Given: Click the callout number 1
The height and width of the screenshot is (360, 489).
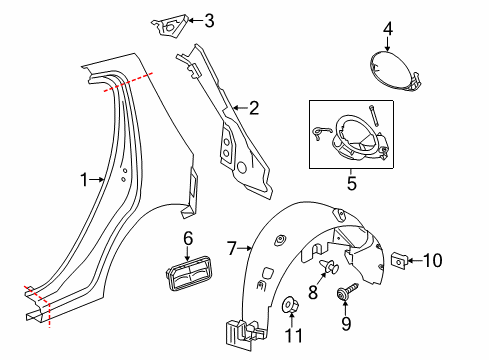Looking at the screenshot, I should pyautogui.click(x=85, y=180).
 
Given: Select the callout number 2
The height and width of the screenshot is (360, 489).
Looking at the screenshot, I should pyautogui.click(x=254, y=108).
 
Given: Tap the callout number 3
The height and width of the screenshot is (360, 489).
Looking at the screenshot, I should pyautogui.click(x=208, y=19).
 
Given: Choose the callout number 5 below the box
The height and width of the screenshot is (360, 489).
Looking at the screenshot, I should pyautogui.click(x=349, y=183).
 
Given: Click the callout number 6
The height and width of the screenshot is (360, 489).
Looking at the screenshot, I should pyautogui.click(x=187, y=237).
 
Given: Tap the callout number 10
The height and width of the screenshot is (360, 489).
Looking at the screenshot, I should pyautogui.click(x=432, y=261).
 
